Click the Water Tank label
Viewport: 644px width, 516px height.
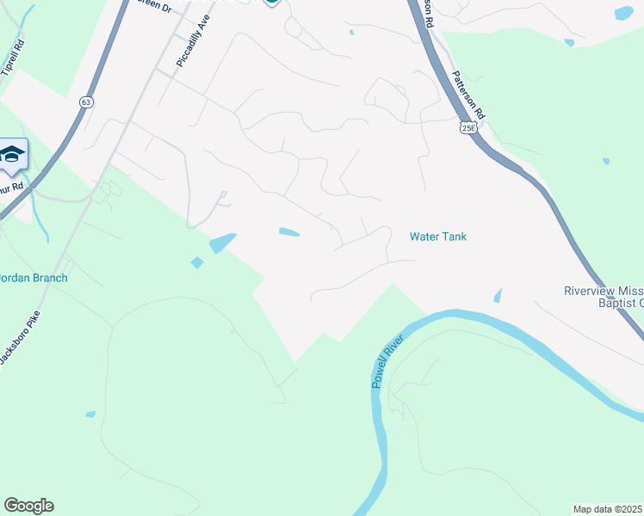coord(437,236)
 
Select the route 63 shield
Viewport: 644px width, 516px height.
coord(85,101)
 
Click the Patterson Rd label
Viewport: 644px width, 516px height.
coord(470,95)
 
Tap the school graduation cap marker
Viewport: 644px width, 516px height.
coord(12,155)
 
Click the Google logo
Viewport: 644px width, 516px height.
coord(28,506)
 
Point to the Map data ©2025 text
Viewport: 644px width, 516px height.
coord(608,509)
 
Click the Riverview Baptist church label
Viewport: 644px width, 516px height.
coord(604,296)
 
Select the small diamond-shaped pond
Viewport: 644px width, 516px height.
coord(197,262)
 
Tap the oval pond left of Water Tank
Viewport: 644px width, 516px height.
coord(289,231)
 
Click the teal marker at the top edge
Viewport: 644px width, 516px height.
coord(272,3)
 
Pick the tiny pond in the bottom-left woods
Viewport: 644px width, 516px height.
coord(90,415)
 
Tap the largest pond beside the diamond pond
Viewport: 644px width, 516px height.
coord(222,243)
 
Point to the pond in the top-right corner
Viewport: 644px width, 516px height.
coord(623,13)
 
